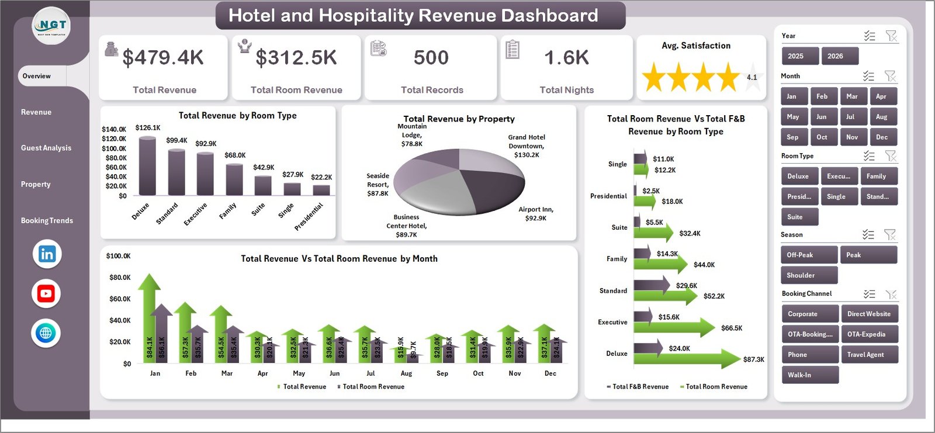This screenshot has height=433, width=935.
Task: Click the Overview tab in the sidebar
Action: click(37, 76)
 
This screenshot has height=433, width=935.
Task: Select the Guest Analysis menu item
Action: click(46, 148)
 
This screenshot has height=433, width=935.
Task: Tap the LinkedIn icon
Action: click(47, 254)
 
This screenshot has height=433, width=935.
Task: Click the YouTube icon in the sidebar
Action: click(46, 293)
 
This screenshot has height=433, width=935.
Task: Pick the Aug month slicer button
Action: click(881, 117)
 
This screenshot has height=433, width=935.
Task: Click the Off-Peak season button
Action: click(808, 255)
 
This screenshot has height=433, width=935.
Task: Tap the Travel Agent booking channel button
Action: click(868, 355)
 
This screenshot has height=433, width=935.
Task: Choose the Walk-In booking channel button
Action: click(809, 375)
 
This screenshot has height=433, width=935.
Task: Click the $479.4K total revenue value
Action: click(163, 57)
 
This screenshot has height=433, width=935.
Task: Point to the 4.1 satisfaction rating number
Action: click(752, 77)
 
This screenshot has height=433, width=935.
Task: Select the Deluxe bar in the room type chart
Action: click(147, 167)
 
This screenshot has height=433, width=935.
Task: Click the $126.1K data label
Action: click(147, 127)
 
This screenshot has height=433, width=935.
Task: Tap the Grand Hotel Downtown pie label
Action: click(527, 146)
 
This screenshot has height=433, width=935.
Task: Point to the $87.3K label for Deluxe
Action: click(753, 359)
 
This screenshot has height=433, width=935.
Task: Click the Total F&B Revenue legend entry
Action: click(639, 387)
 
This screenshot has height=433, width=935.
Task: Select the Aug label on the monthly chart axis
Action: click(406, 373)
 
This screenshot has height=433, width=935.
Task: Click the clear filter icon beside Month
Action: click(890, 76)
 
